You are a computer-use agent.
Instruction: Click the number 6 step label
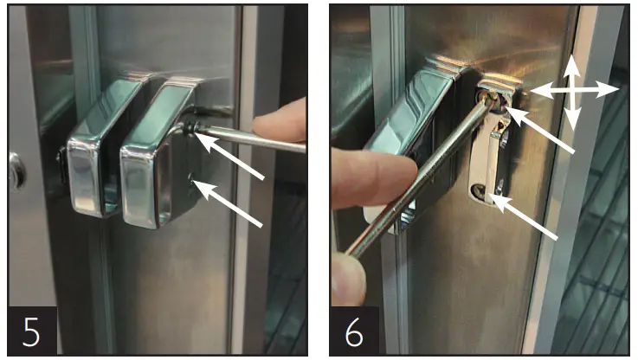tap(353, 331)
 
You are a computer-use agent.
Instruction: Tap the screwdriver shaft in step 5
tap(251, 138)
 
